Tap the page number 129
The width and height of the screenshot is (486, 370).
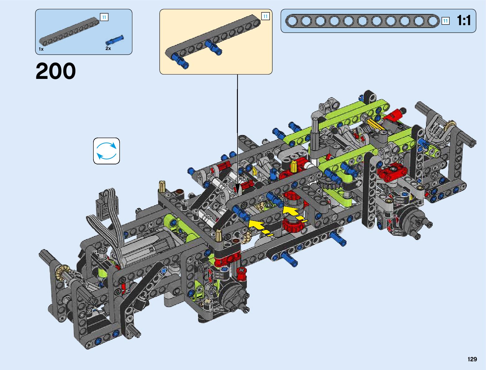click(x=472, y=359)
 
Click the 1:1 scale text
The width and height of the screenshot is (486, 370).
click(x=464, y=21)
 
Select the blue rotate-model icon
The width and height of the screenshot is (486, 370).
click(x=107, y=151)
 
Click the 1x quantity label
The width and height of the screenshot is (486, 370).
click(x=41, y=49)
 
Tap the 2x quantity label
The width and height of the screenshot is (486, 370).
click(x=108, y=48)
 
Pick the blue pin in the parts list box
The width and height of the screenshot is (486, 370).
click(x=115, y=40)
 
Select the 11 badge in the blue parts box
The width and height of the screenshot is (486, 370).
click(x=104, y=17)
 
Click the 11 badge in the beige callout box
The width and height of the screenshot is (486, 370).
click(x=265, y=16)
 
